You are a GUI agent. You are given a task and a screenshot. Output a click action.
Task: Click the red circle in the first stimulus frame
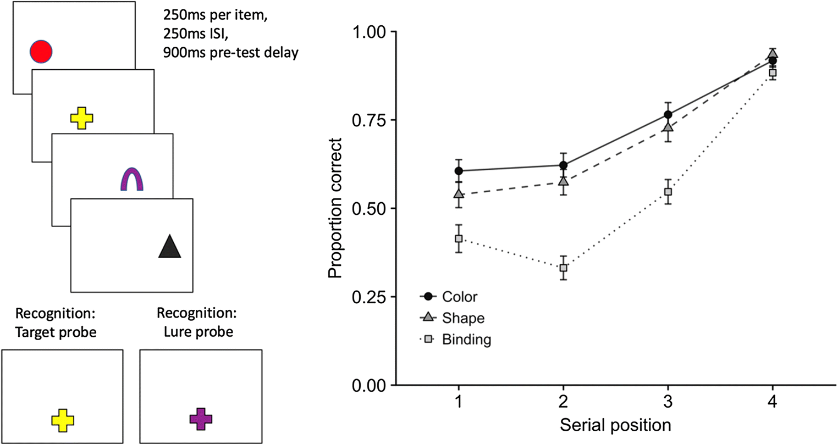(x=41, y=52)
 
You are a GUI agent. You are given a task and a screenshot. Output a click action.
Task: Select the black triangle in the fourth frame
(x=169, y=246)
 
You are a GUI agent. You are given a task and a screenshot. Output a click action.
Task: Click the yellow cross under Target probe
(x=63, y=420)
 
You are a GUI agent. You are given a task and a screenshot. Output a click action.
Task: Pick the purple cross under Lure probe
(x=201, y=419)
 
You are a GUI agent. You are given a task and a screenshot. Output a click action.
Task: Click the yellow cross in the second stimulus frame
(x=82, y=118)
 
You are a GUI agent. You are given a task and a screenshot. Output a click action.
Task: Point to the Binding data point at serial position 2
(x=564, y=268)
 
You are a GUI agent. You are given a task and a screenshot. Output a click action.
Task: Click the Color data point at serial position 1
(x=459, y=171)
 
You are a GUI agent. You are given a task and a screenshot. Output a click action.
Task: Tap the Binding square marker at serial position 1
(x=459, y=238)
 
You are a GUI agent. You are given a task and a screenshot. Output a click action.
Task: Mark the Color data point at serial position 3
(x=668, y=114)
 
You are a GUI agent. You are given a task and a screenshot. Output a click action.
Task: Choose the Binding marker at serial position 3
(x=668, y=192)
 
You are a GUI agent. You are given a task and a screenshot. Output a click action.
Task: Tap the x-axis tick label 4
(x=773, y=402)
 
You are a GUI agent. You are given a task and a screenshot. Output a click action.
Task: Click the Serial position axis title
(x=615, y=425)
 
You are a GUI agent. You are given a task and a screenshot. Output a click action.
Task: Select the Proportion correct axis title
(x=335, y=208)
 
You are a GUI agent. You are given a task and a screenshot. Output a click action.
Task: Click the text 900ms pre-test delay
(x=230, y=54)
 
